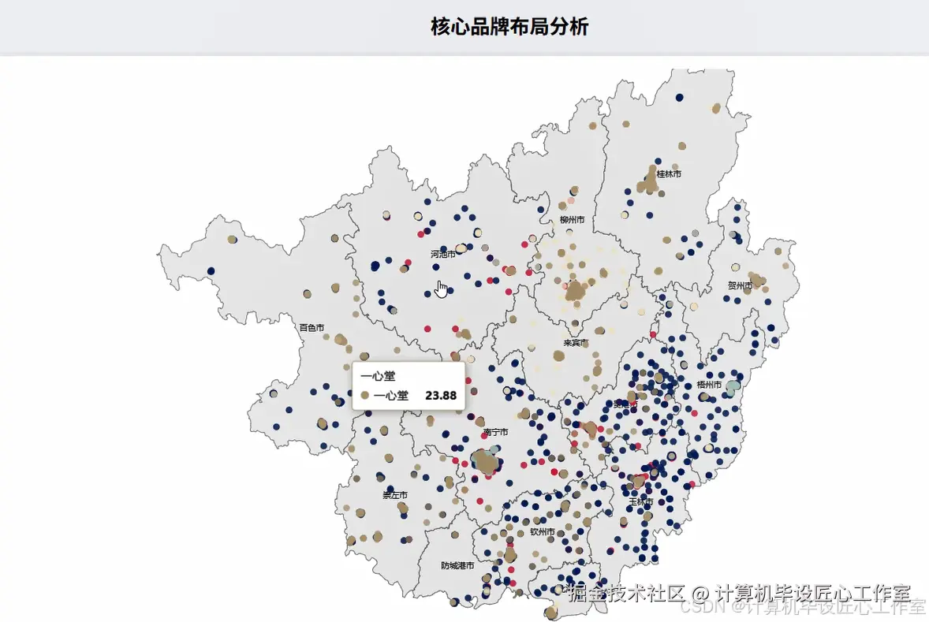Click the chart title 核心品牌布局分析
509,27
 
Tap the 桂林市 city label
669,173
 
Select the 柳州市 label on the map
573,219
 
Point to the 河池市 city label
443,255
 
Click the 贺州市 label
741,285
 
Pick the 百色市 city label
312,327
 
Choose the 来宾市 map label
576,343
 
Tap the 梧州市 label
709,385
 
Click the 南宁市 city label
495,432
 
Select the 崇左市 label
395,495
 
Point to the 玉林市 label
640,501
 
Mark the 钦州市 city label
542,531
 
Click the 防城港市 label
457,565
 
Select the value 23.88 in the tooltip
441,395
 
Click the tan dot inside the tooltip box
364,395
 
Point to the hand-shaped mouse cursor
441,289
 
